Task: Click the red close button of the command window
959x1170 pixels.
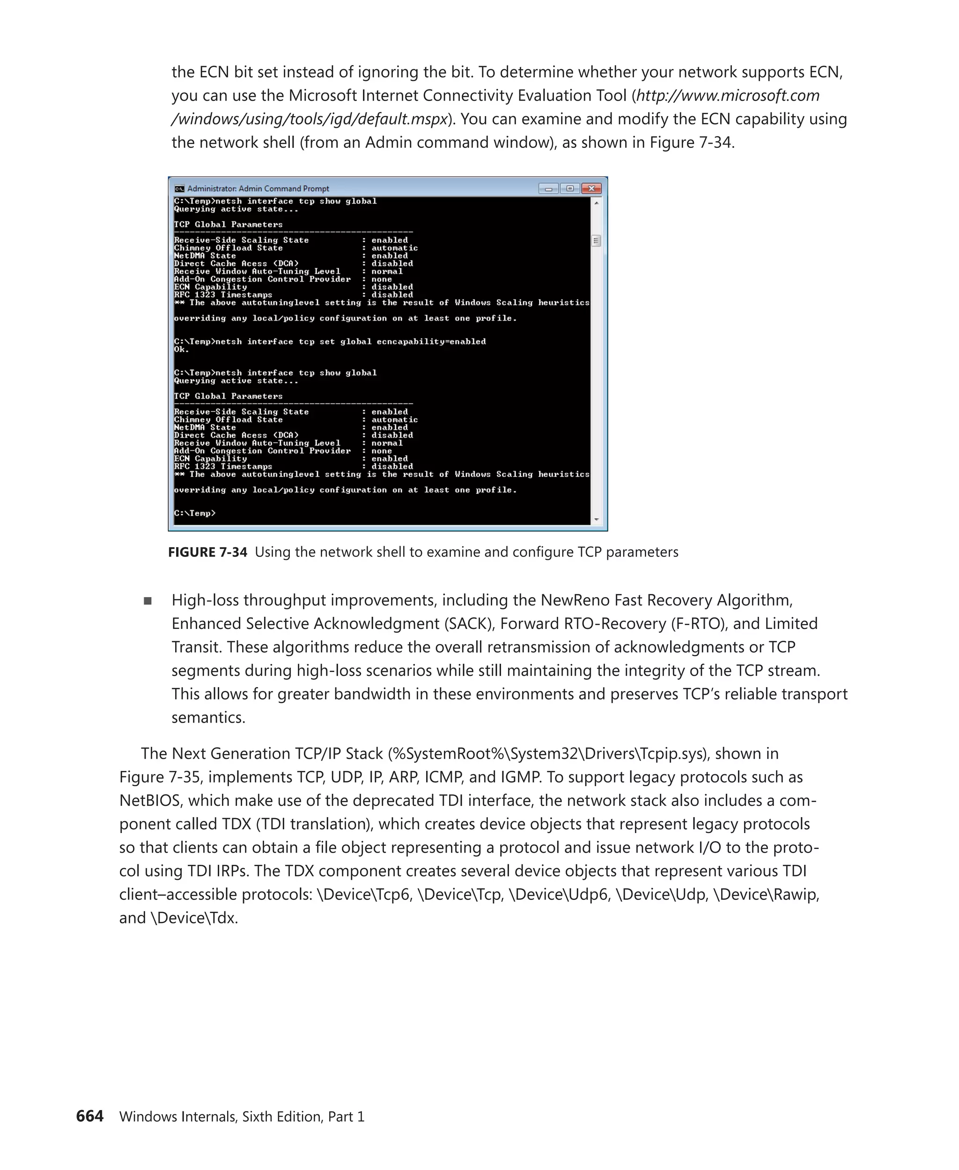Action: (591, 189)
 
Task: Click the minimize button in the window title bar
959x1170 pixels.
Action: (548, 189)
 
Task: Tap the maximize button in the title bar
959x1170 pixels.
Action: (569, 189)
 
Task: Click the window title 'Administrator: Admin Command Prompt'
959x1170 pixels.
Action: (258, 189)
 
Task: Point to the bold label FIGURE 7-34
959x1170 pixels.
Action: (207, 552)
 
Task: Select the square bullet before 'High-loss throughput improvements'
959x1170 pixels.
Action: (148, 601)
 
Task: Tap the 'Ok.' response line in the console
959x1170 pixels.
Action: (181, 350)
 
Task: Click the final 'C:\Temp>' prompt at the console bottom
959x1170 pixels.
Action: (194, 513)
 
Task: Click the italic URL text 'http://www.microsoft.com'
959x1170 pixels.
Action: (728, 95)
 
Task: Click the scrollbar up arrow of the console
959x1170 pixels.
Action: (596, 203)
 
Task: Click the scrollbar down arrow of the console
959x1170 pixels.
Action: (596, 519)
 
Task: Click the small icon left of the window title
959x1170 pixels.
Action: (179, 189)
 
